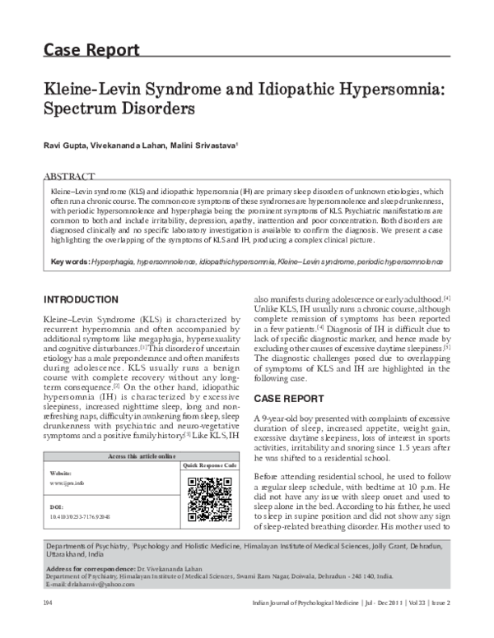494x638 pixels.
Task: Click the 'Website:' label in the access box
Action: (61, 474)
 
